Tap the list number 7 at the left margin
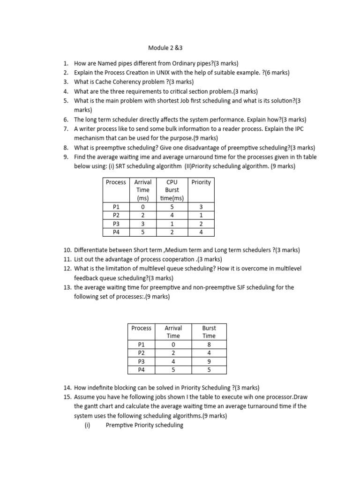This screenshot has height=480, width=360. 66,128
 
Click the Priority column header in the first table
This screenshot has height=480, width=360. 201,182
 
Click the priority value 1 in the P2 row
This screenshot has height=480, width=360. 201,215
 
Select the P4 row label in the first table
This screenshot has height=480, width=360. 116,232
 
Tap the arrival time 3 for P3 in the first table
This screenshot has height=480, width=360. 142,223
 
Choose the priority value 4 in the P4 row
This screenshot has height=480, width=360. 201,232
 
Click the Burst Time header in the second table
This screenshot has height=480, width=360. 209,331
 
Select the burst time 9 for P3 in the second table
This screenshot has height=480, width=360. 209,361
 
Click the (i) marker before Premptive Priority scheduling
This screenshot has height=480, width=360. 87,425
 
